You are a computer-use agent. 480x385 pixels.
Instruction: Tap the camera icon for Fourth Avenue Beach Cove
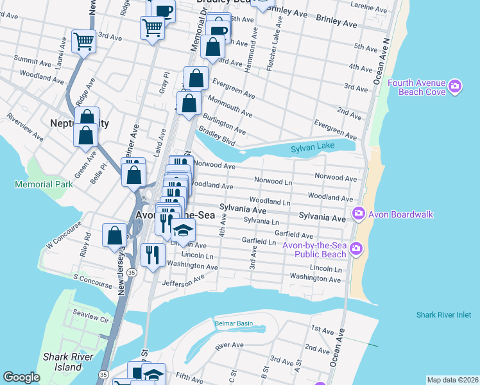point(456,86)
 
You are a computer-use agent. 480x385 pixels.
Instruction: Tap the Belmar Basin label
point(234,323)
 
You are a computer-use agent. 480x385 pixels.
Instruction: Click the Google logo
point(21,377)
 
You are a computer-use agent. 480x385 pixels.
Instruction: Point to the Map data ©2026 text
point(452,380)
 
